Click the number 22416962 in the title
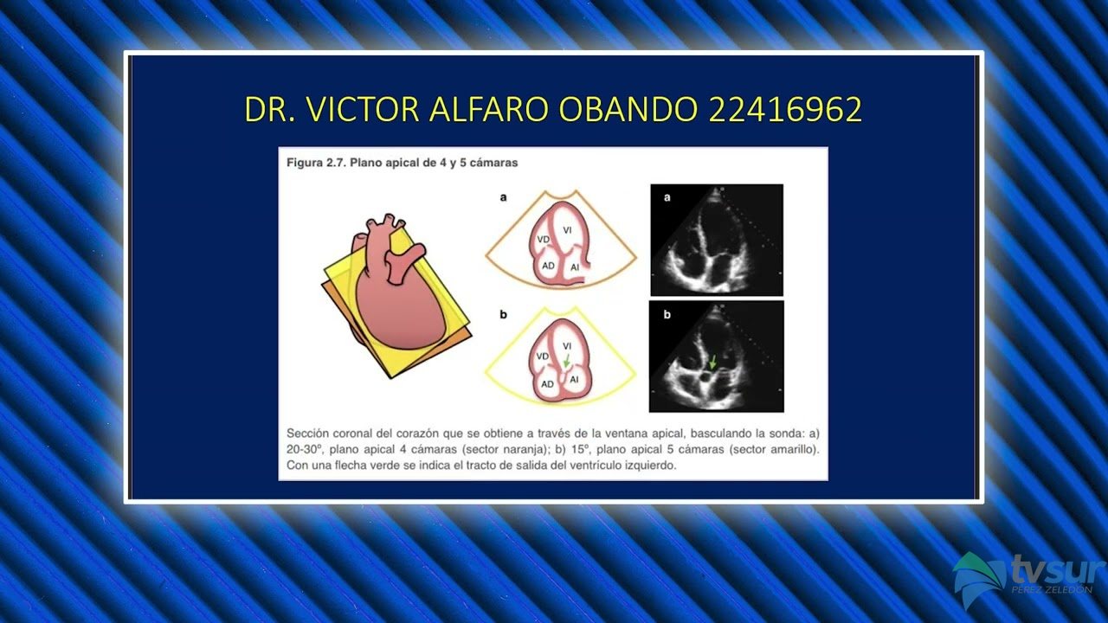pyautogui.click(x=785, y=109)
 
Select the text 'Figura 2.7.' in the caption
pyautogui.click(x=317, y=163)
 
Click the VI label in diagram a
pyautogui.click(x=567, y=230)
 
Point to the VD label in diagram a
pyautogui.click(x=543, y=240)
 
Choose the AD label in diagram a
pyautogui.click(x=548, y=266)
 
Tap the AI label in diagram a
pyautogui.click(x=575, y=267)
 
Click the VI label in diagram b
pyautogui.click(x=567, y=346)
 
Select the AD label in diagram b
pyautogui.click(x=547, y=384)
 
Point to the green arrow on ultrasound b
pyautogui.click(x=712, y=362)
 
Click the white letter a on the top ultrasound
pyautogui.click(x=667, y=197)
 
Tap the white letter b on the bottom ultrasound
pyautogui.click(x=667, y=314)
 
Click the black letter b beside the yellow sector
pyautogui.click(x=503, y=314)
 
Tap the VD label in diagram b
pyautogui.click(x=543, y=356)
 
